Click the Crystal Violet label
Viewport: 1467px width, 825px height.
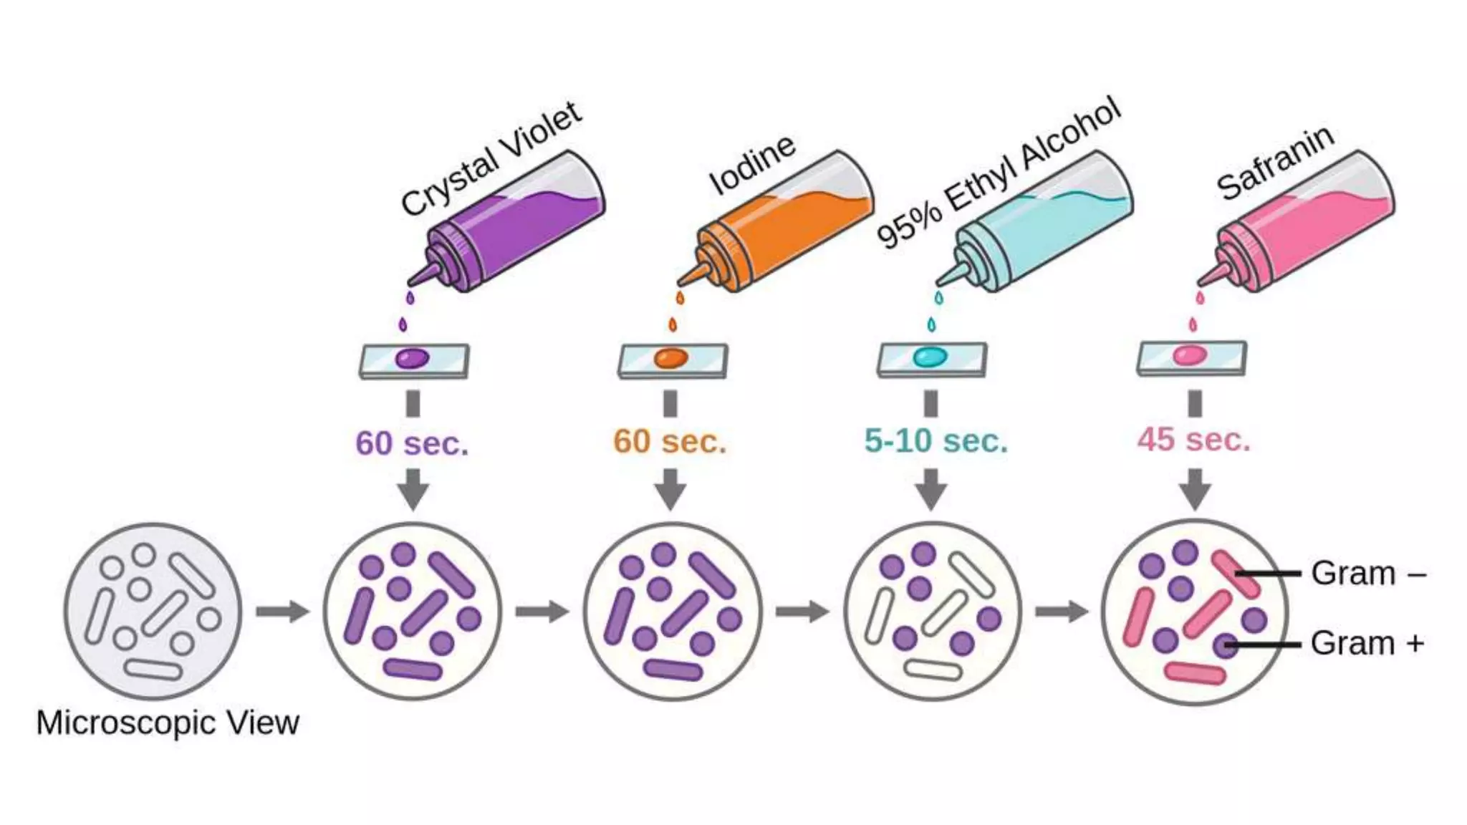pos(491,159)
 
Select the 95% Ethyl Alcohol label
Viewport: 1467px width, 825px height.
pos(998,173)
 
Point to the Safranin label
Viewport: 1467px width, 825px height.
pos(1274,163)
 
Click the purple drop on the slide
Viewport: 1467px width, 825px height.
pos(413,358)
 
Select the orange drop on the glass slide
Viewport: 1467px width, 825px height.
pos(670,357)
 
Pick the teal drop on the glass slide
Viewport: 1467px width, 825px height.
pos(930,356)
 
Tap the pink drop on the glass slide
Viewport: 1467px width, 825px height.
pos(1189,354)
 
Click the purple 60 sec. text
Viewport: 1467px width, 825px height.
pos(412,443)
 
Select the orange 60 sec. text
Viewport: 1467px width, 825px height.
pos(670,441)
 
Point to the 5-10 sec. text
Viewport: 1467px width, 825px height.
pos(935,440)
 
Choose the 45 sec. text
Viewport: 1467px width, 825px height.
pos(1193,439)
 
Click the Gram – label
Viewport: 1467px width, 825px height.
pos(1367,574)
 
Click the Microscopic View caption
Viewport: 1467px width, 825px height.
pos(168,723)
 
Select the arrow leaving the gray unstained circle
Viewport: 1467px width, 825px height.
pos(283,612)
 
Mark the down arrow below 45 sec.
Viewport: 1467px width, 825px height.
pos(1195,490)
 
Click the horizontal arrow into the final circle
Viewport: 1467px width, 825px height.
pos(1062,612)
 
